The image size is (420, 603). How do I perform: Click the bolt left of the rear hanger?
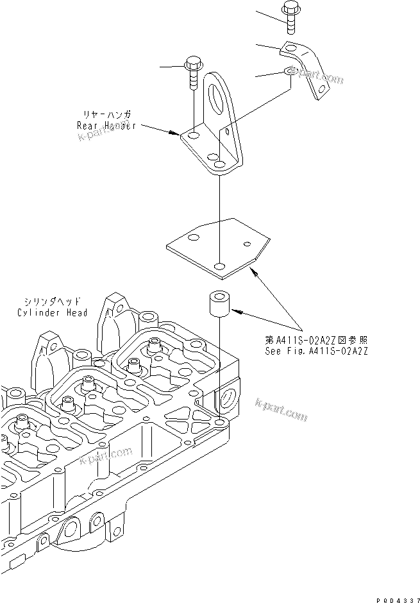click(x=192, y=73)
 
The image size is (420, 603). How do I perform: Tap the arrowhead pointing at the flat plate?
click(x=255, y=273)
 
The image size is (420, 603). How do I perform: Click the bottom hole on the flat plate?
click(x=219, y=266)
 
